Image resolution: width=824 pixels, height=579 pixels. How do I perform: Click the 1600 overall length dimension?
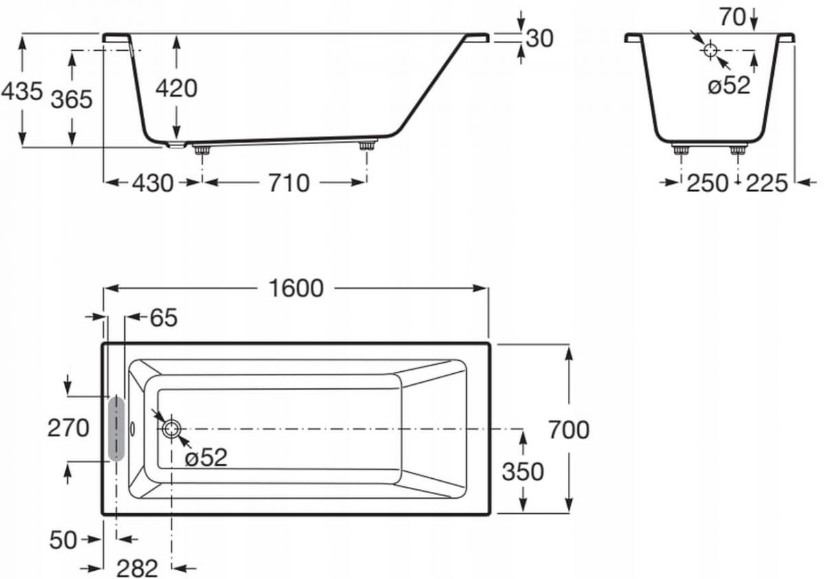point(296,289)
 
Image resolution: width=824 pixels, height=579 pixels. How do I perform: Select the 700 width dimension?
point(569,430)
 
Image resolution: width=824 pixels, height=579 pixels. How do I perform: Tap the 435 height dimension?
point(22,91)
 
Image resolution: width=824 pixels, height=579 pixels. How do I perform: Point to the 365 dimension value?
point(71,99)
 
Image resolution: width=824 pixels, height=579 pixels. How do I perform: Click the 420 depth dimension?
point(176,88)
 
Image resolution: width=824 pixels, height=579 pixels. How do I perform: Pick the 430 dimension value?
point(152,183)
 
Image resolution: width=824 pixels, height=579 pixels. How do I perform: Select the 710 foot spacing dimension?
point(289,183)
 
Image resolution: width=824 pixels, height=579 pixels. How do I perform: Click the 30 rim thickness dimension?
point(539,38)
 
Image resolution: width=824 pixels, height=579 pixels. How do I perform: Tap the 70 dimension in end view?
point(733,17)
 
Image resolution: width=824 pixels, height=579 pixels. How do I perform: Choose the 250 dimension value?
point(707,183)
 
